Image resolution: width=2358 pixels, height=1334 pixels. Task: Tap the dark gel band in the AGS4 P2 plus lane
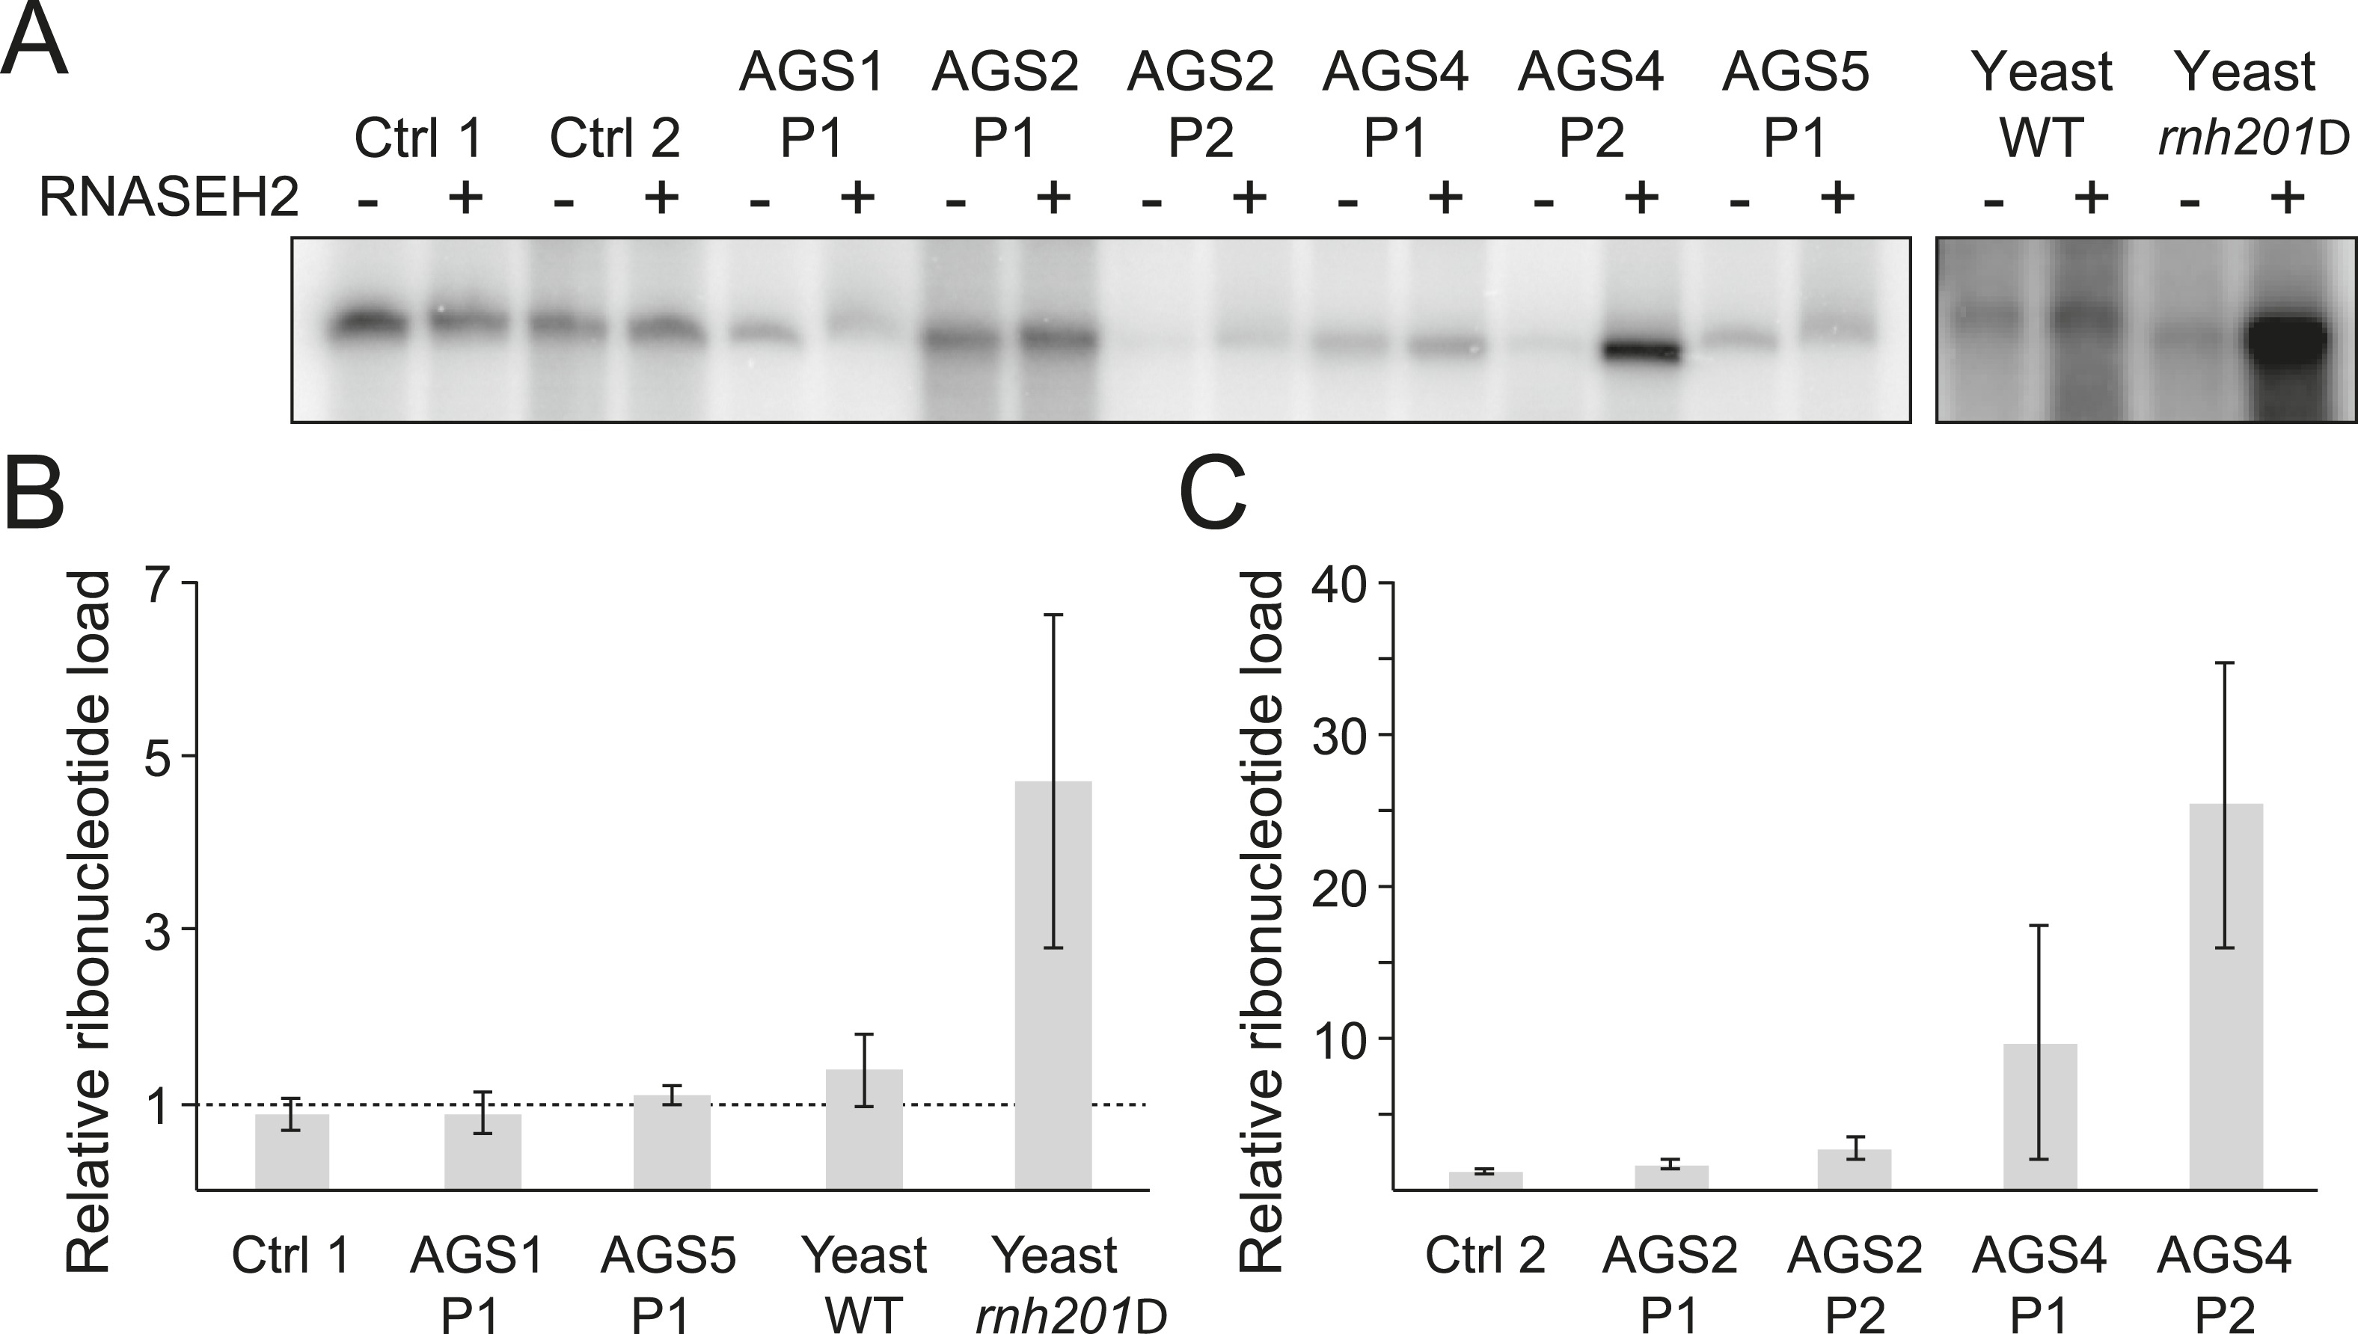pyautogui.click(x=1641, y=351)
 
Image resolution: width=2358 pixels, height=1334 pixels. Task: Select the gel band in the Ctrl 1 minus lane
pyautogui.click(x=368, y=324)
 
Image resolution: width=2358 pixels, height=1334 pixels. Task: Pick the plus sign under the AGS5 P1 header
pyautogui.click(x=1836, y=197)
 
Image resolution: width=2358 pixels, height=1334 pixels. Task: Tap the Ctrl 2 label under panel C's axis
pyautogui.click(x=1485, y=1255)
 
